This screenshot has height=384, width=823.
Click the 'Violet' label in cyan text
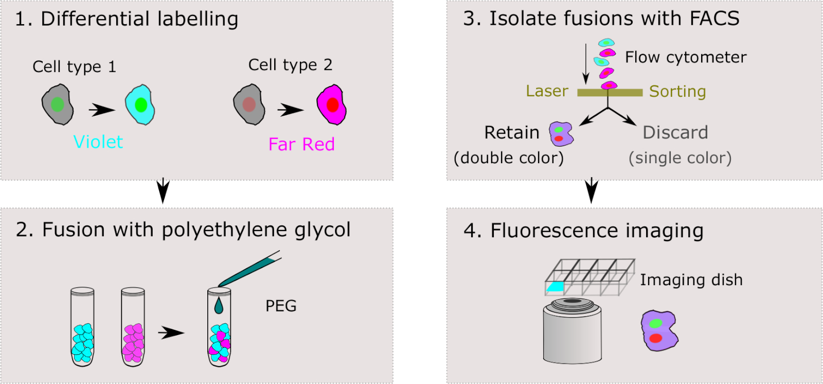(x=98, y=142)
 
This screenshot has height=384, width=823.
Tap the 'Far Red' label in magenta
(x=301, y=144)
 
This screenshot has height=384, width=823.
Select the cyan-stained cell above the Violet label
(x=140, y=104)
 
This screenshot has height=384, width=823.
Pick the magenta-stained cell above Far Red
(x=331, y=105)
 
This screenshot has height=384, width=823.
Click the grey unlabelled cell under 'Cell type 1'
(x=58, y=105)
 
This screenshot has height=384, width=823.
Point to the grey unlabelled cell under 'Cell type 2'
(x=249, y=105)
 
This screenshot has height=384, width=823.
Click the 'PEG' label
(x=281, y=306)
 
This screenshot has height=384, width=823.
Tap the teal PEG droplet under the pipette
(x=219, y=306)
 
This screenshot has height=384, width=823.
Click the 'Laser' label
(x=547, y=91)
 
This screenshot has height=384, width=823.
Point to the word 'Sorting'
(x=677, y=91)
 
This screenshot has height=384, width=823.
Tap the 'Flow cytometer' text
(x=686, y=57)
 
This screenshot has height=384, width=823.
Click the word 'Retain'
(x=512, y=132)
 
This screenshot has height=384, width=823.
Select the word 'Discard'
(x=675, y=132)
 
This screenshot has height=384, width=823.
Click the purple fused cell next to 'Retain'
(x=561, y=134)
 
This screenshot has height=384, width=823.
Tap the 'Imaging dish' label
(x=691, y=280)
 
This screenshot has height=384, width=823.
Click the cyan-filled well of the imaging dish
(x=556, y=287)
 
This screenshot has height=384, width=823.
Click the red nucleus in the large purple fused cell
(x=655, y=338)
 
